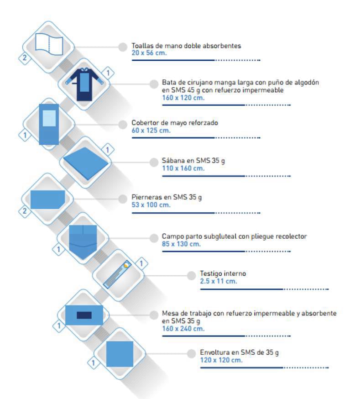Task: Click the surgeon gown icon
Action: [84, 84]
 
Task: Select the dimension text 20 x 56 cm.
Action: [149, 53]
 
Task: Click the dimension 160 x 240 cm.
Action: [183, 329]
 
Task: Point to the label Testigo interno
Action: [223, 273]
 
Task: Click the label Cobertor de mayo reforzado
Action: [175, 123]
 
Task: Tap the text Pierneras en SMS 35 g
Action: [167, 197]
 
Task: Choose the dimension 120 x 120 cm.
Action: [221, 360]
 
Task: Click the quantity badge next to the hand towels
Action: [24, 58]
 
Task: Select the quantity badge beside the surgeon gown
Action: [108, 73]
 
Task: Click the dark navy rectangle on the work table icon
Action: [84, 315]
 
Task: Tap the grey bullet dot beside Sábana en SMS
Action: [154, 163]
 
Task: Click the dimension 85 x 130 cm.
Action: [181, 244]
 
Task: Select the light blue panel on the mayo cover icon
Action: [49, 118]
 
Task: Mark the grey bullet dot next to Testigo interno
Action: [192, 275]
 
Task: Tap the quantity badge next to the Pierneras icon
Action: [24, 211]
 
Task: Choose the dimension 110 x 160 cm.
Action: [183, 168]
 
